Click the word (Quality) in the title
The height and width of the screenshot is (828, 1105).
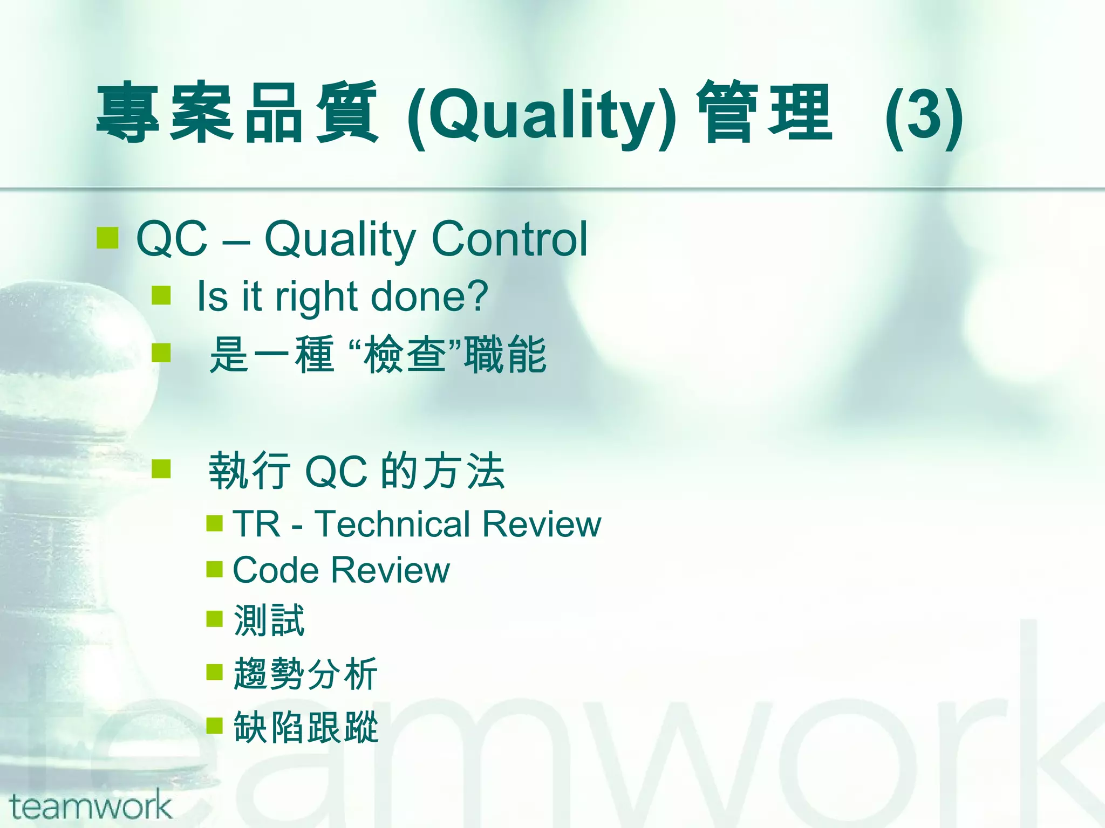(x=542, y=116)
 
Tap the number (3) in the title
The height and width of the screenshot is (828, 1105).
(x=924, y=116)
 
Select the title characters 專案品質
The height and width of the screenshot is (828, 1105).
(x=237, y=113)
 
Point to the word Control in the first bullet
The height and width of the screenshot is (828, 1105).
(x=509, y=239)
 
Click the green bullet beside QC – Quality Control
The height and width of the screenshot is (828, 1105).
(x=107, y=238)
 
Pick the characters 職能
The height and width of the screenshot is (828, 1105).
(x=506, y=354)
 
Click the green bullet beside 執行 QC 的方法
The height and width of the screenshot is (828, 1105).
(x=161, y=468)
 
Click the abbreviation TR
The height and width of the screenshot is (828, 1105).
(x=256, y=524)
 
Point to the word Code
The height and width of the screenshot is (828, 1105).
(x=276, y=570)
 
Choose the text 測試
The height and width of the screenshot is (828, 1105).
(x=269, y=620)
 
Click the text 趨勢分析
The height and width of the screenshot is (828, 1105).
(x=305, y=674)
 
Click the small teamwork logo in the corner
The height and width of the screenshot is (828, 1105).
(x=91, y=805)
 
